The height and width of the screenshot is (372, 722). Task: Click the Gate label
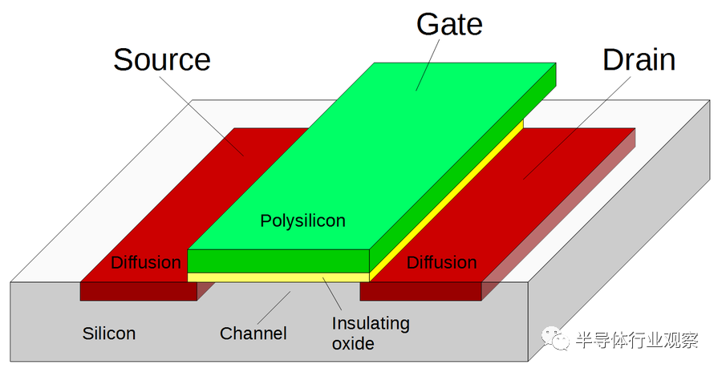click(449, 25)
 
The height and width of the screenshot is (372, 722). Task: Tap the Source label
click(162, 60)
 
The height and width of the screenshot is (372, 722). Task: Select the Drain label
click(639, 60)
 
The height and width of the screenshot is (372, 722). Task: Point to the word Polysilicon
click(302, 220)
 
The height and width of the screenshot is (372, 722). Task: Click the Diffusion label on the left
click(145, 262)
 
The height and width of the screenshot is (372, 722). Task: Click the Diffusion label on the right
click(441, 262)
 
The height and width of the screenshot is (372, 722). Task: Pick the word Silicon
click(109, 333)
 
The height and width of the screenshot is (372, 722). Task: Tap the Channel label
click(254, 333)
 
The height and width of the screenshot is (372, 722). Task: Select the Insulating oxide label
click(371, 334)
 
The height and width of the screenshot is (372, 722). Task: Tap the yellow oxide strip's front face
click(278, 277)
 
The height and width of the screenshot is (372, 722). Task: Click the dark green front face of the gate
click(278, 261)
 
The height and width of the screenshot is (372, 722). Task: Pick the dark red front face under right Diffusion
click(420, 291)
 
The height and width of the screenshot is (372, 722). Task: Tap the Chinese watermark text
click(637, 340)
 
